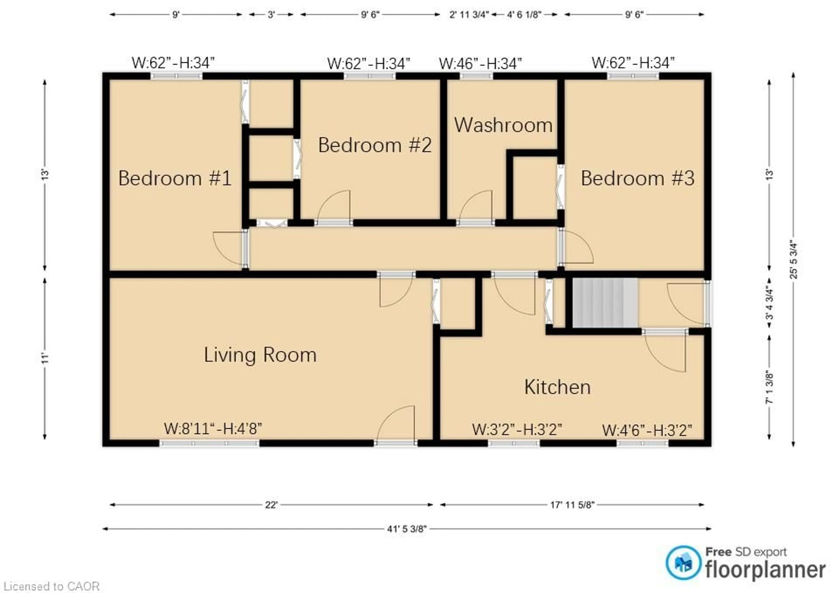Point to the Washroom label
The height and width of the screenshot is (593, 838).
503,125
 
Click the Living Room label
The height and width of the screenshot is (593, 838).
260,355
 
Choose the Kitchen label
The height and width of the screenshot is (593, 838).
557,387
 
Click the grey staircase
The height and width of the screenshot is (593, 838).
605,303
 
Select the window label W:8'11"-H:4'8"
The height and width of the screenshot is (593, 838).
213,428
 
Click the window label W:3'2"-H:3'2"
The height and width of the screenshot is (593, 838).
517,429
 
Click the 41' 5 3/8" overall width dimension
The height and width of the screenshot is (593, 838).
407,529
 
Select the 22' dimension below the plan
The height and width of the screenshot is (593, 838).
271,505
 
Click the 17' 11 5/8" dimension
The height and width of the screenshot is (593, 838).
572,505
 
